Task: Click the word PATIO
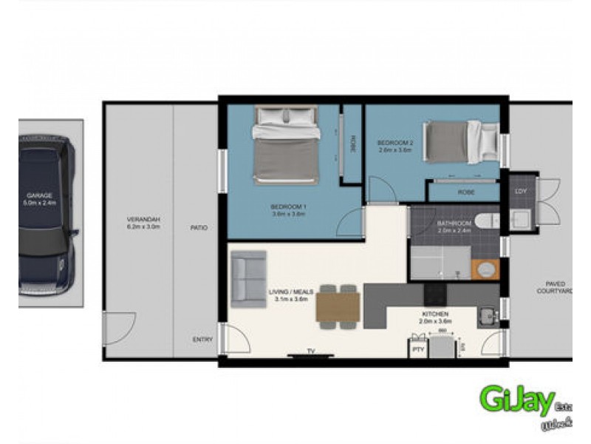197,228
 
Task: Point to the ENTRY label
202,340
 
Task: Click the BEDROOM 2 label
394,146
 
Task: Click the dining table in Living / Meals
338,305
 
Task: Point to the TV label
311,350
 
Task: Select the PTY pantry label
417,349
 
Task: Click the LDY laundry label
522,192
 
